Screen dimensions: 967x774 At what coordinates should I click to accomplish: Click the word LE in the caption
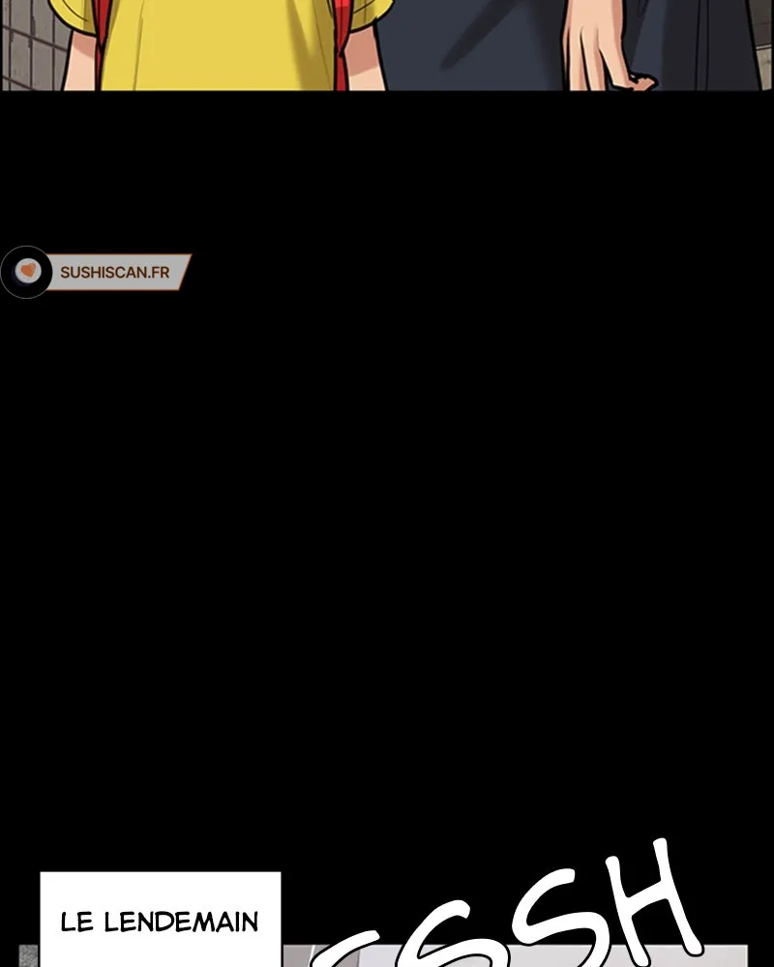click(x=77, y=923)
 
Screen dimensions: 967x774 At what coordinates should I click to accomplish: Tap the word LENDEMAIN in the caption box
click(x=181, y=923)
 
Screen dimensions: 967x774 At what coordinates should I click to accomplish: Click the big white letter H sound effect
click(x=639, y=904)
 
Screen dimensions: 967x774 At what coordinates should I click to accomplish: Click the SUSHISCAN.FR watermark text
click(x=114, y=273)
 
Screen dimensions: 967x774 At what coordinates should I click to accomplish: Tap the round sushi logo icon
click(x=27, y=272)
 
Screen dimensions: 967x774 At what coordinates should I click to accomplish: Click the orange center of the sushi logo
click(x=27, y=271)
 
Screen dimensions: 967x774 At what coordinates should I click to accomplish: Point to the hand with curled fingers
click(x=605, y=48)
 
